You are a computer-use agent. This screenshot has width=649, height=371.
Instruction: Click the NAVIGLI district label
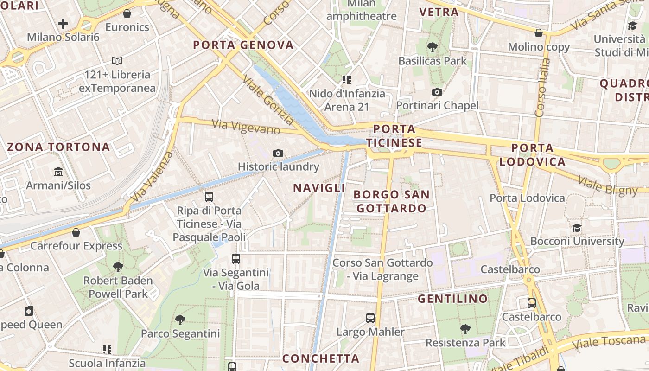pos(319,188)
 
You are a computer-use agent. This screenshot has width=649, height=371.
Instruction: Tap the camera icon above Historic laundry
pos(278,153)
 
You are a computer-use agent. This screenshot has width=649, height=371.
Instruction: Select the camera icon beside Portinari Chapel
pos(437,92)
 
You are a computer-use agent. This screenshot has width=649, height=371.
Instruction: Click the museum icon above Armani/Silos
pos(58,172)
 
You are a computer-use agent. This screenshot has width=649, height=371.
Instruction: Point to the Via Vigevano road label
pos(246,127)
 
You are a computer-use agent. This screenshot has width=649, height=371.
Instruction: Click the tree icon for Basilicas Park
pos(433,47)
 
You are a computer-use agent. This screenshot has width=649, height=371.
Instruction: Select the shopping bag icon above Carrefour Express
pos(76,232)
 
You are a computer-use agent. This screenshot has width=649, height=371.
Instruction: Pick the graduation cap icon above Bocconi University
pos(577,228)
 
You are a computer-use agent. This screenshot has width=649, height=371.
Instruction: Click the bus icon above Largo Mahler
pos(370,318)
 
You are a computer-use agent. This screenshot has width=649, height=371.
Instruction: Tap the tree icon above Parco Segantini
pos(180,320)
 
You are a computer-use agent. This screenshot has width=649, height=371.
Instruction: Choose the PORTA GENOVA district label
pos(243,45)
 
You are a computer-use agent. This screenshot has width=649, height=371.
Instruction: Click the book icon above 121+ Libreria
pos(117,61)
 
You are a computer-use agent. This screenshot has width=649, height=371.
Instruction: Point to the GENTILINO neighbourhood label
pos(452,299)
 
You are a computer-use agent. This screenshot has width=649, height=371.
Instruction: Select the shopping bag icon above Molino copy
pos(539,33)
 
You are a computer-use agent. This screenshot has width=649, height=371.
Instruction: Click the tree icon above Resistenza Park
pos(465,329)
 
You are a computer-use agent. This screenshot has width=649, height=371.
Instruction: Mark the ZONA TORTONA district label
pos(58,147)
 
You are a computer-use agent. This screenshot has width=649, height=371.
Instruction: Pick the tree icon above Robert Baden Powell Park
pos(118,267)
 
